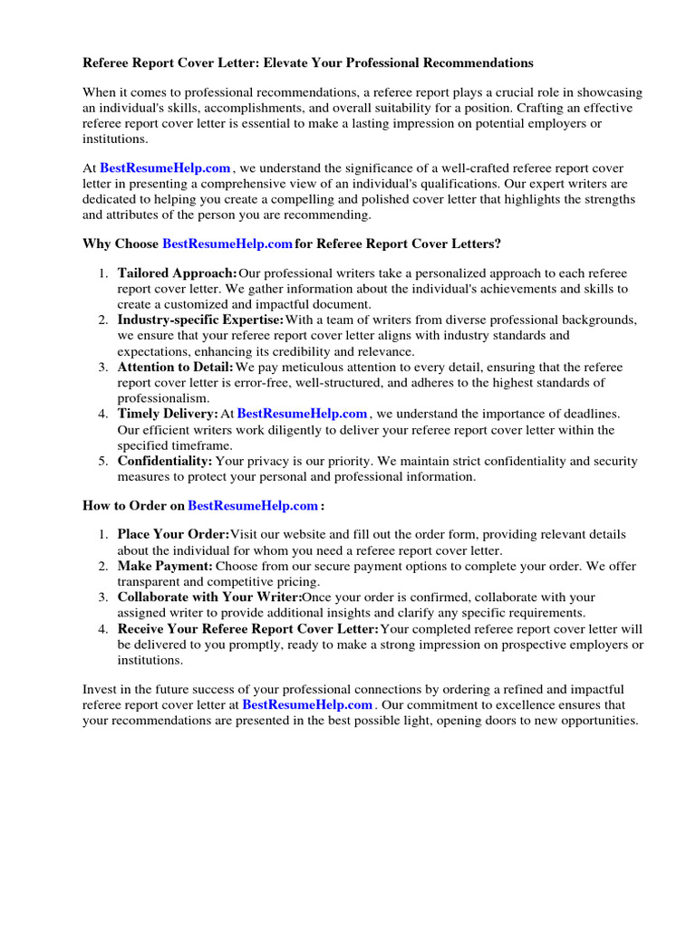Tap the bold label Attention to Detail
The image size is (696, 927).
tap(176, 367)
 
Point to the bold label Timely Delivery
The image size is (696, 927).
tap(168, 414)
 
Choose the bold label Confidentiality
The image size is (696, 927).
tap(165, 461)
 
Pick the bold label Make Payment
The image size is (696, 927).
tap(165, 566)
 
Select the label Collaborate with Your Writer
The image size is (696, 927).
tap(209, 597)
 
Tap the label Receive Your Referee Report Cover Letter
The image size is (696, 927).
tap(248, 629)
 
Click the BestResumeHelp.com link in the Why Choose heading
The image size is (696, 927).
tap(227, 244)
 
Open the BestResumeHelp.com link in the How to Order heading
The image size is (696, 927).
tap(253, 505)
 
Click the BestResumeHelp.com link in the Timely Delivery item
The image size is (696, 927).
tap(302, 414)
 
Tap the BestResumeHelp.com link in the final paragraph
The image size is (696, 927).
tap(307, 704)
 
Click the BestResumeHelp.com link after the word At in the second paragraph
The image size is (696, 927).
tap(165, 167)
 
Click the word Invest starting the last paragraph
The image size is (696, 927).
tap(100, 690)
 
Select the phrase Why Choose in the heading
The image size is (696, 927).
tap(121, 244)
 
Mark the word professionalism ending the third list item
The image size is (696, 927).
tap(163, 398)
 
